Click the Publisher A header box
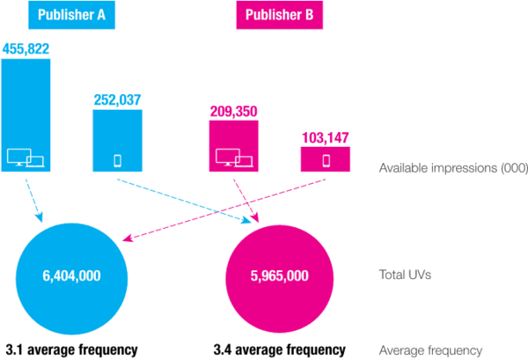(72, 15)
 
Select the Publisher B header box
(280, 15)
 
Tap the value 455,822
(26, 48)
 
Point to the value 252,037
(118, 100)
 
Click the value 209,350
(234, 112)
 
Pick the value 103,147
(326, 137)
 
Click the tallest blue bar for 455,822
(26, 115)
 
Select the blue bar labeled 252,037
(118, 141)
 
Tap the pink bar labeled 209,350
(234, 146)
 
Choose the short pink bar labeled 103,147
(326, 159)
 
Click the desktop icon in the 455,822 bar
(26, 158)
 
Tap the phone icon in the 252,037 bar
(118, 161)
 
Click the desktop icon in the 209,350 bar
(234, 158)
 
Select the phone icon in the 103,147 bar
(326, 161)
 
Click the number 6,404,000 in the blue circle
(71, 276)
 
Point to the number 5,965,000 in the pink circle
(280, 276)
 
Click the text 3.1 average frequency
(72, 350)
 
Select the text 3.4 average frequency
(280, 350)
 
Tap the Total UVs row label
(405, 275)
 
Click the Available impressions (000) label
(453, 168)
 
